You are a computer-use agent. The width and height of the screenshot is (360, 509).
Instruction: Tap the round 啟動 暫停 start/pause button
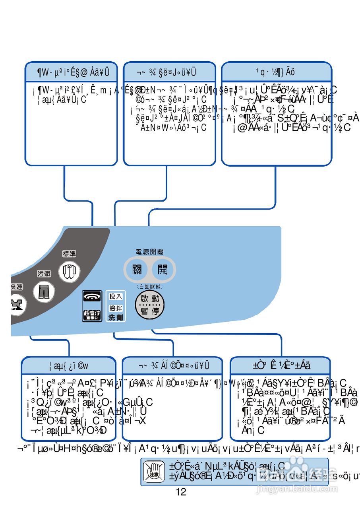click(150, 305)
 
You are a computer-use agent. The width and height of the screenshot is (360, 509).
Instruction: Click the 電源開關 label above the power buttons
click(149, 252)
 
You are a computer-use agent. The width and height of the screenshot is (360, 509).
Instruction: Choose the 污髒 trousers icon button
click(43, 291)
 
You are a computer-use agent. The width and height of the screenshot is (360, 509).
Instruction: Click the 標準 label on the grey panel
click(69, 254)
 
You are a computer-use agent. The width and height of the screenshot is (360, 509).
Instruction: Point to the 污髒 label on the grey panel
click(44, 274)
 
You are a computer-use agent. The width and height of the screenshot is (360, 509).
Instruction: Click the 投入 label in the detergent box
click(116, 296)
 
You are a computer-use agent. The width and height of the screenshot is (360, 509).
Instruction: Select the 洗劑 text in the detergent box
click(116, 317)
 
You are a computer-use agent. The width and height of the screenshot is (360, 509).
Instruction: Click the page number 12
click(181, 492)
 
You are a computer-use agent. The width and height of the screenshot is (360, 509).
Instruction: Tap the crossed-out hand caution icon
click(153, 472)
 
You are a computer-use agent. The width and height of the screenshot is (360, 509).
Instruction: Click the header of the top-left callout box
click(72, 72)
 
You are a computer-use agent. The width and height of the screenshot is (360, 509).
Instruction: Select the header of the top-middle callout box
click(169, 72)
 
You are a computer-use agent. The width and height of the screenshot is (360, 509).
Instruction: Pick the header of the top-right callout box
click(276, 72)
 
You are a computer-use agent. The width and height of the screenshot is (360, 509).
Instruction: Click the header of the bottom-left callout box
click(69, 365)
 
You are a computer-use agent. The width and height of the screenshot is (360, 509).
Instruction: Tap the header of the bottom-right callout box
click(280, 365)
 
